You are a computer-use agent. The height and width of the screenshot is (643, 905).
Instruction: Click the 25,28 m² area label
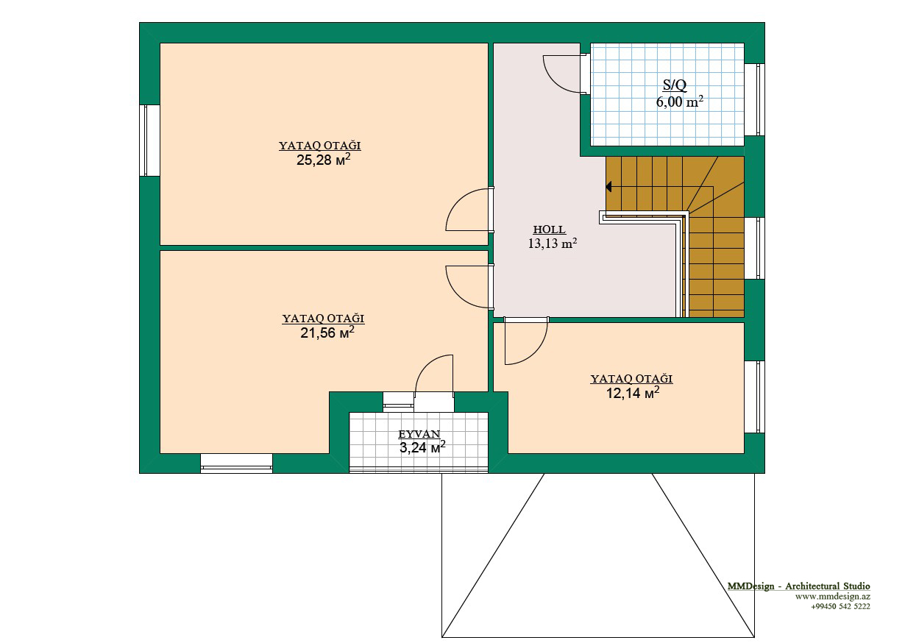tap(323, 160)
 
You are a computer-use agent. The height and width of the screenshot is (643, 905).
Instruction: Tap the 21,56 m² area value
tap(327, 333)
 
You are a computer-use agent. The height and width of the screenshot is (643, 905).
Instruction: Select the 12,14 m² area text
tap(633, 393)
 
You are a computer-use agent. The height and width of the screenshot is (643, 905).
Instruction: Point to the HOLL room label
tap(549, 230)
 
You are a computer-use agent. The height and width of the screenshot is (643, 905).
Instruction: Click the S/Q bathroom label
tap(675, 85)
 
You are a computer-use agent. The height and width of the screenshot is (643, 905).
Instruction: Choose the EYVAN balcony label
tap(419, 434)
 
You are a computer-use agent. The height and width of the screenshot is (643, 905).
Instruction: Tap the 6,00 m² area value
tap(679, 102)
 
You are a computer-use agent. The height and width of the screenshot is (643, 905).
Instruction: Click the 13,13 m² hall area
tap(553, 243)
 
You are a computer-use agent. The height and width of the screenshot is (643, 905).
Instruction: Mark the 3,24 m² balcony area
tap(422, 447)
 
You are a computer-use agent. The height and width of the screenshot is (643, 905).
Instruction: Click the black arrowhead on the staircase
tap(608, 187)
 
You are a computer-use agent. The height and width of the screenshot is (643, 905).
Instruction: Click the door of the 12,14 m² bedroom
tap(526, 341)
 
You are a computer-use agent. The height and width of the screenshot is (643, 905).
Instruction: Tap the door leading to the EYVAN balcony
tap(434, 374)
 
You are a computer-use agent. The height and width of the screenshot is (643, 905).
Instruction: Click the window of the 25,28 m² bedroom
tap(149, 141)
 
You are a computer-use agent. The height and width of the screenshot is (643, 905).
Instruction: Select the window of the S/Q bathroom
tap(754, 99)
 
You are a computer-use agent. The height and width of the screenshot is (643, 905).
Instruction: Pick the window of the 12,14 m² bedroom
tap(754, 397)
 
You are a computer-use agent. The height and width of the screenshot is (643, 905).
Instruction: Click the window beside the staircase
tap(754, 248)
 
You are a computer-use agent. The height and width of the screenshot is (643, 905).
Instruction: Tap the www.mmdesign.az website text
tap(833, 596)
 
